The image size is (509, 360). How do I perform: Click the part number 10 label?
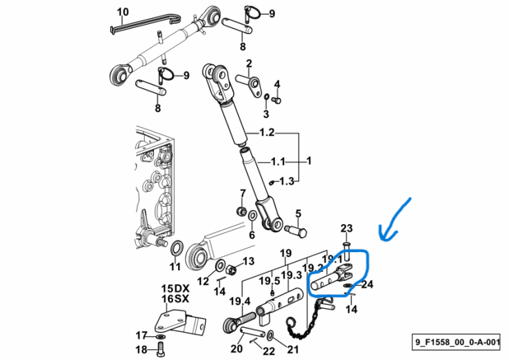[x=124, y=12]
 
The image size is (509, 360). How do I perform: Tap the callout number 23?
[x=347, y=228]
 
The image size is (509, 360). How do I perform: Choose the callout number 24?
[x=367, y=285]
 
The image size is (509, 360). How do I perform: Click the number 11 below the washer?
[x=174, y=268]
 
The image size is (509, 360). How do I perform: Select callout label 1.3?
[x=286, y=180]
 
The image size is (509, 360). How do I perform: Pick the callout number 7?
[x=242, y=194]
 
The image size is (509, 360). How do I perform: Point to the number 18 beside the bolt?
[x=139, y=349]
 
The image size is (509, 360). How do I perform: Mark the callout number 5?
[x=298, y=213]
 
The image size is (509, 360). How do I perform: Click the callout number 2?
[x=248, y=63]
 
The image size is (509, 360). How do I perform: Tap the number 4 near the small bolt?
[x=277, y=85]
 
